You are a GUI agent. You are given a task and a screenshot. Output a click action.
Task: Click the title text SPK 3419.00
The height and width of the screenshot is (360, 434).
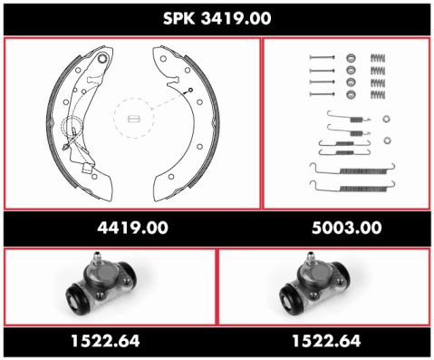point(217,18)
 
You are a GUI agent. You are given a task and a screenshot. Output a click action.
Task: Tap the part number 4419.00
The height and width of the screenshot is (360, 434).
point(132,228)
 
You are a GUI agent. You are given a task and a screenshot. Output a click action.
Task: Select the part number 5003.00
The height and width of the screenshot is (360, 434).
point(347,228)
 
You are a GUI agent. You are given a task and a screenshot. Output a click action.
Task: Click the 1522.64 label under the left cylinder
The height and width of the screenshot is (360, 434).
point(105,341)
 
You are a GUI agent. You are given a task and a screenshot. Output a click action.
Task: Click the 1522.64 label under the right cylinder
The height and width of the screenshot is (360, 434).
point(326,341)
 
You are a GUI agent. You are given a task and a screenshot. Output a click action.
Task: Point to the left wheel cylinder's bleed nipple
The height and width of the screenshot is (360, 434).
point(97,258)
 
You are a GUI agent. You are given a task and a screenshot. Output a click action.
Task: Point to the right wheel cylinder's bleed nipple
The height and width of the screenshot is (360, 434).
point(310,258)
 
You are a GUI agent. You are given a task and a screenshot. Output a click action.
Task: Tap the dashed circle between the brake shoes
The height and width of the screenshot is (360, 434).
point(134,118)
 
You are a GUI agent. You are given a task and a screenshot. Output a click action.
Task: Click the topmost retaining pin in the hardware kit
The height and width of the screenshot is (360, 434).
point(323,57)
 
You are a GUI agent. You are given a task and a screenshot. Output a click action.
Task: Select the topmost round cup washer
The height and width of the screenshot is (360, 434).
point(351,58)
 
